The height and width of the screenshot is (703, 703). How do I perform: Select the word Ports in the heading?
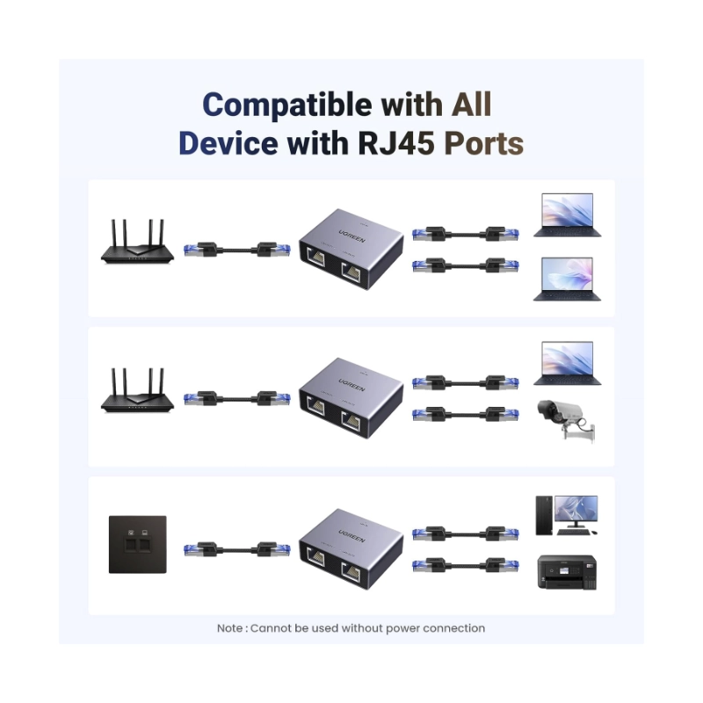coord(483,142)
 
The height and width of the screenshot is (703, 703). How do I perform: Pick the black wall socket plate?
coord(137,545)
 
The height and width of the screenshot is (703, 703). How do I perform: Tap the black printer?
coord(567,572)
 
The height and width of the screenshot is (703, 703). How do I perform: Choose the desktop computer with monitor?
coord(567,515)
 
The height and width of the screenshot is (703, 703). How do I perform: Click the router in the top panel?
coord(134,243)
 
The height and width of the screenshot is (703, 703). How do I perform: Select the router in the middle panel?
coord(134,391)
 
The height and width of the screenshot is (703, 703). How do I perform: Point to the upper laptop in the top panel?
coord(567,216)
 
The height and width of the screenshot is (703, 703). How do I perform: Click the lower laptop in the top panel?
coord(567,279)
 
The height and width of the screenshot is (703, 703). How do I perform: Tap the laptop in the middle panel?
coord(567,364)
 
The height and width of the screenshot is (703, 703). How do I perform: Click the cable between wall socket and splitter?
coord(236,550)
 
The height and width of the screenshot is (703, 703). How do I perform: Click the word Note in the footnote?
coord(230,628)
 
